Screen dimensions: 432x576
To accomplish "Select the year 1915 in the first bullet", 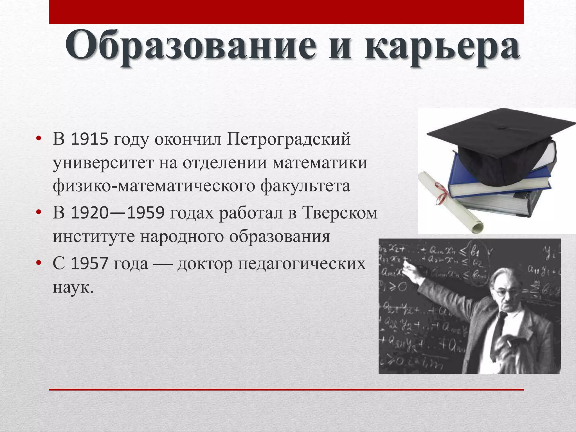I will tap(89, 139).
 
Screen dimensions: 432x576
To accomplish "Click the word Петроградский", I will tap(288, 139).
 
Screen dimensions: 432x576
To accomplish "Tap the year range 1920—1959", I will tap(117, 213).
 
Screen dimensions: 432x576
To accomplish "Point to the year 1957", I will tap(89, 264).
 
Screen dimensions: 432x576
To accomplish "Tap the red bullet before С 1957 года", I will tap(39, 263).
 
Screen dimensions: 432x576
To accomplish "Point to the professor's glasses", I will tap(503, 292).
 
